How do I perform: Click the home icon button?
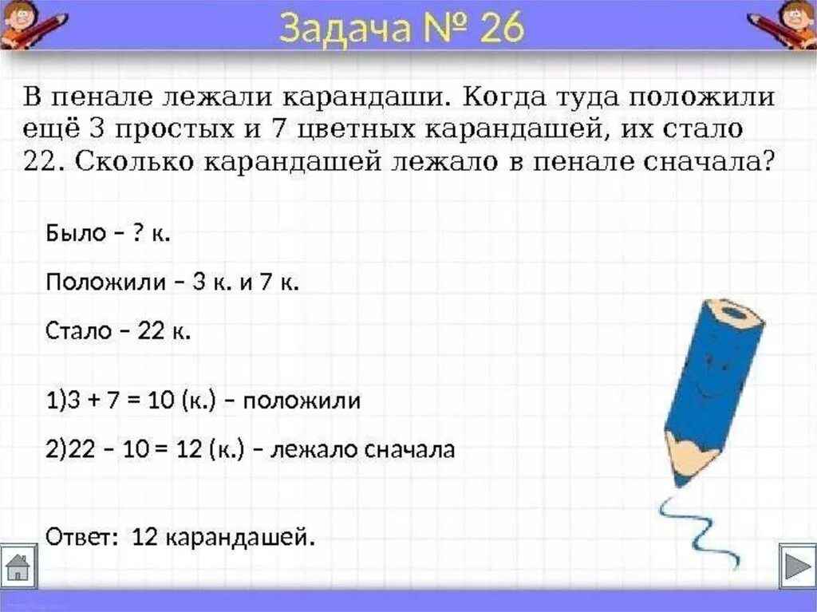pos(18,567)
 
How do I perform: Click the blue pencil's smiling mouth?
pos(701,391)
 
